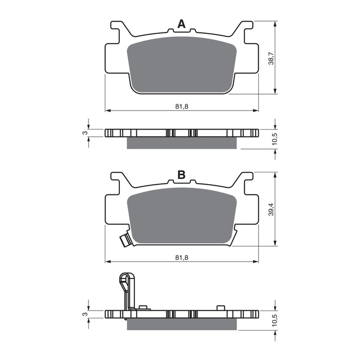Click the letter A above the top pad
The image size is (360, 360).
pyautogui.click(x=181, y=24)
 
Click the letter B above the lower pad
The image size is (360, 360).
pyautogui.click(x=181, y=175)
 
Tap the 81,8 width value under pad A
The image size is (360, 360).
pyautogui.click(x=181, y=106)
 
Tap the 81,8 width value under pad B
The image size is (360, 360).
pyautogui.click(x=181, y=257)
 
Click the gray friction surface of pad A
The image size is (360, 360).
pyautogui.click(x=181, y=64)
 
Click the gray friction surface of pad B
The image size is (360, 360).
pyautogui.click(x=181, y=215)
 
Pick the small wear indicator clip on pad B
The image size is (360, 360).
pyautogui.click(x=124, y=240)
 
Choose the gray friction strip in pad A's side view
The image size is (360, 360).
pyautogui.click(x=182, y=143)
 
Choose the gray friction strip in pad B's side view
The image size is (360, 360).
pyautogui.click(x=182, y=323)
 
